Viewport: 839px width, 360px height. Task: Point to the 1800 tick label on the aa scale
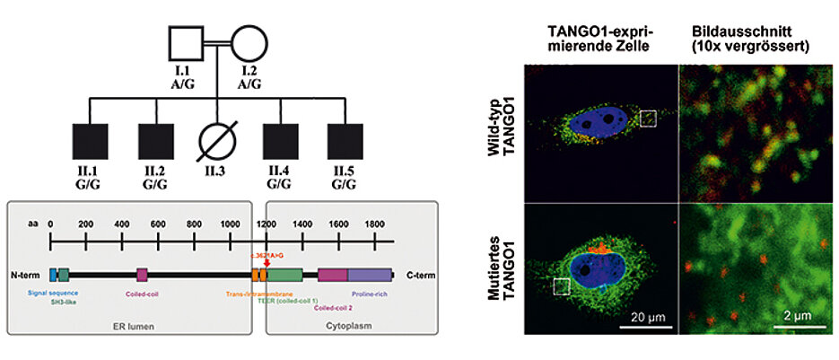[x=371, y=222]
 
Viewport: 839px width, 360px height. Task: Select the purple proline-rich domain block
[x=370, y=276]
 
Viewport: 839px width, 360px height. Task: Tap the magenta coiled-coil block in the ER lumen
[x=142, y=276]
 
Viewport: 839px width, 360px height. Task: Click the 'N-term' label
[x=26, y=276]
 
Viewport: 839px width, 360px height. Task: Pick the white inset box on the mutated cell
[x=562, y=285]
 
